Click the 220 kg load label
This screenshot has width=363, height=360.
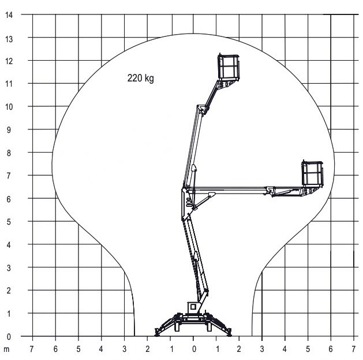(140, 79)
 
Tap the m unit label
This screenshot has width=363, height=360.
(6, 349)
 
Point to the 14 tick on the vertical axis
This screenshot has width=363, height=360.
(9, 15)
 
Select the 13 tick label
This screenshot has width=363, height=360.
(9, 39)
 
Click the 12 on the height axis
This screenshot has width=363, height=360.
(9, 61)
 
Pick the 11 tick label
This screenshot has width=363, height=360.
(9, 84)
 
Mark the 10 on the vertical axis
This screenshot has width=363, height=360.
(9, 107)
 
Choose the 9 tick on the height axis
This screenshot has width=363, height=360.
(9, 130)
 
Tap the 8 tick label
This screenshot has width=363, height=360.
(9, 153)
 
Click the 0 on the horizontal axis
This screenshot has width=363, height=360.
(194, 349)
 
